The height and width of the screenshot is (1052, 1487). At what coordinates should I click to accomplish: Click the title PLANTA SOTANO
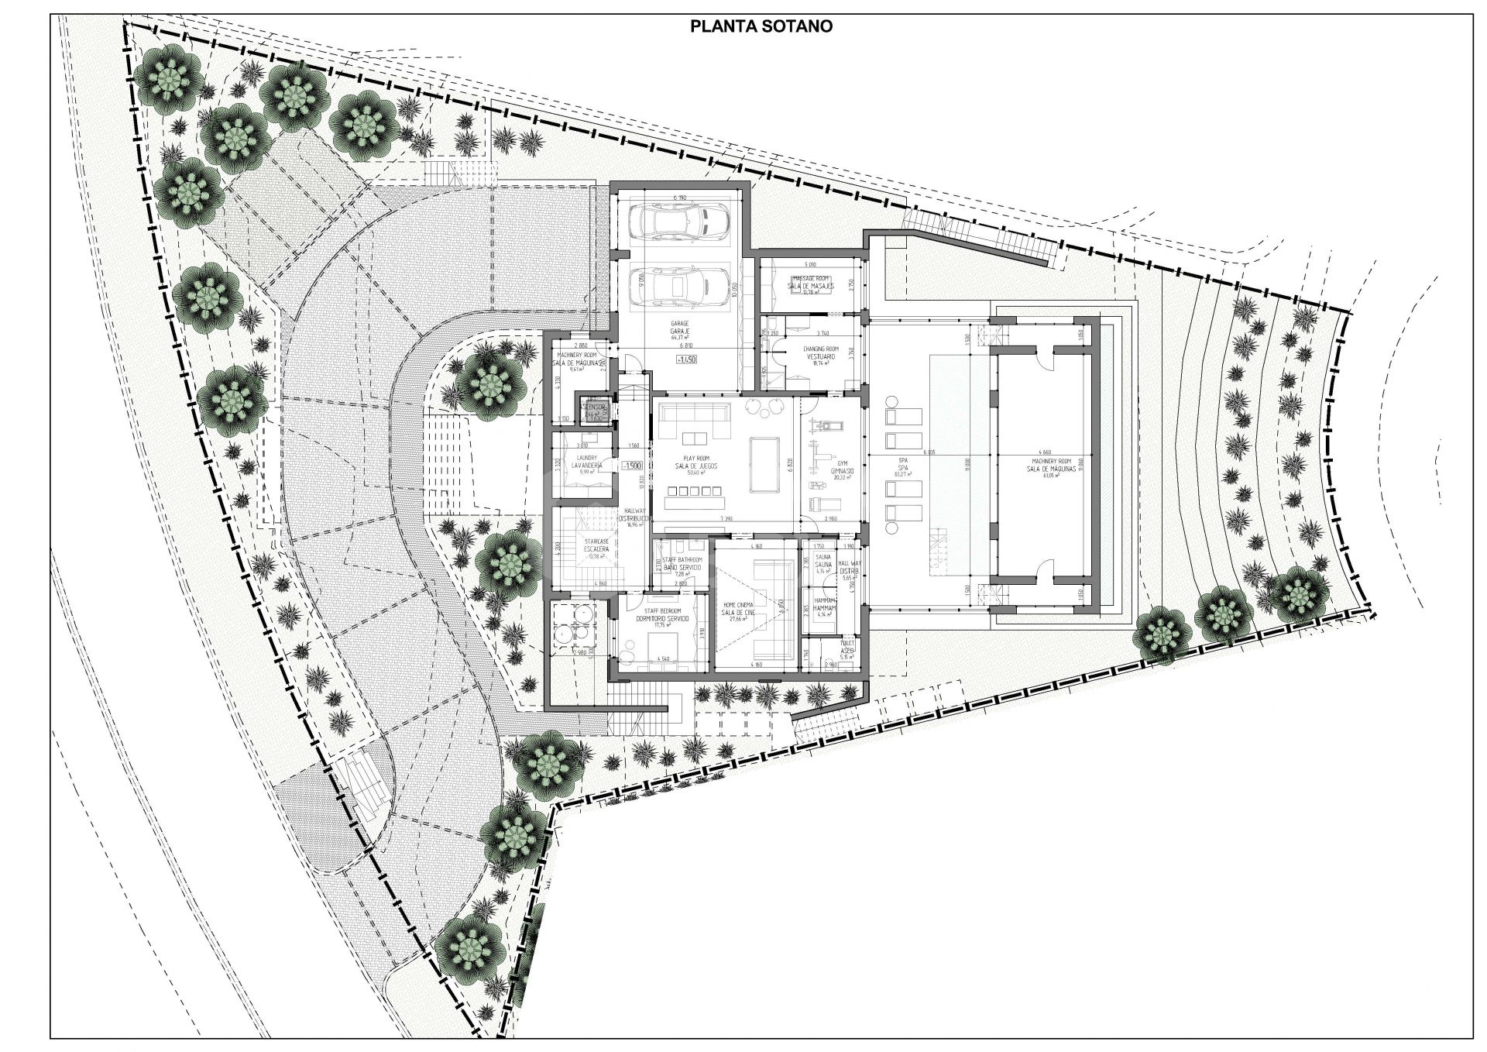point(761,26)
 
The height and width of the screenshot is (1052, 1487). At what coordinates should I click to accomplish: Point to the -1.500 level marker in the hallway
point(631,466)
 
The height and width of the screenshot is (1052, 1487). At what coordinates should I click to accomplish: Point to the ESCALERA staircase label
point(596,548)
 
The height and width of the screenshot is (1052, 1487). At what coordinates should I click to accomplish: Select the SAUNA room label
point(822,565)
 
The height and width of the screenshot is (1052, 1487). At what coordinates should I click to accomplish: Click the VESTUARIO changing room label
point(822,356)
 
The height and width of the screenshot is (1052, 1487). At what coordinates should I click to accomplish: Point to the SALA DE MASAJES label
point(811,286)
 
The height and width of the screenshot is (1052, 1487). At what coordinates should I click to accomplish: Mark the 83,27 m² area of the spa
point(901,473)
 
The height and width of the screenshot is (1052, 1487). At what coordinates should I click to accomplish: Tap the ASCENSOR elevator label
point(595,406)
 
